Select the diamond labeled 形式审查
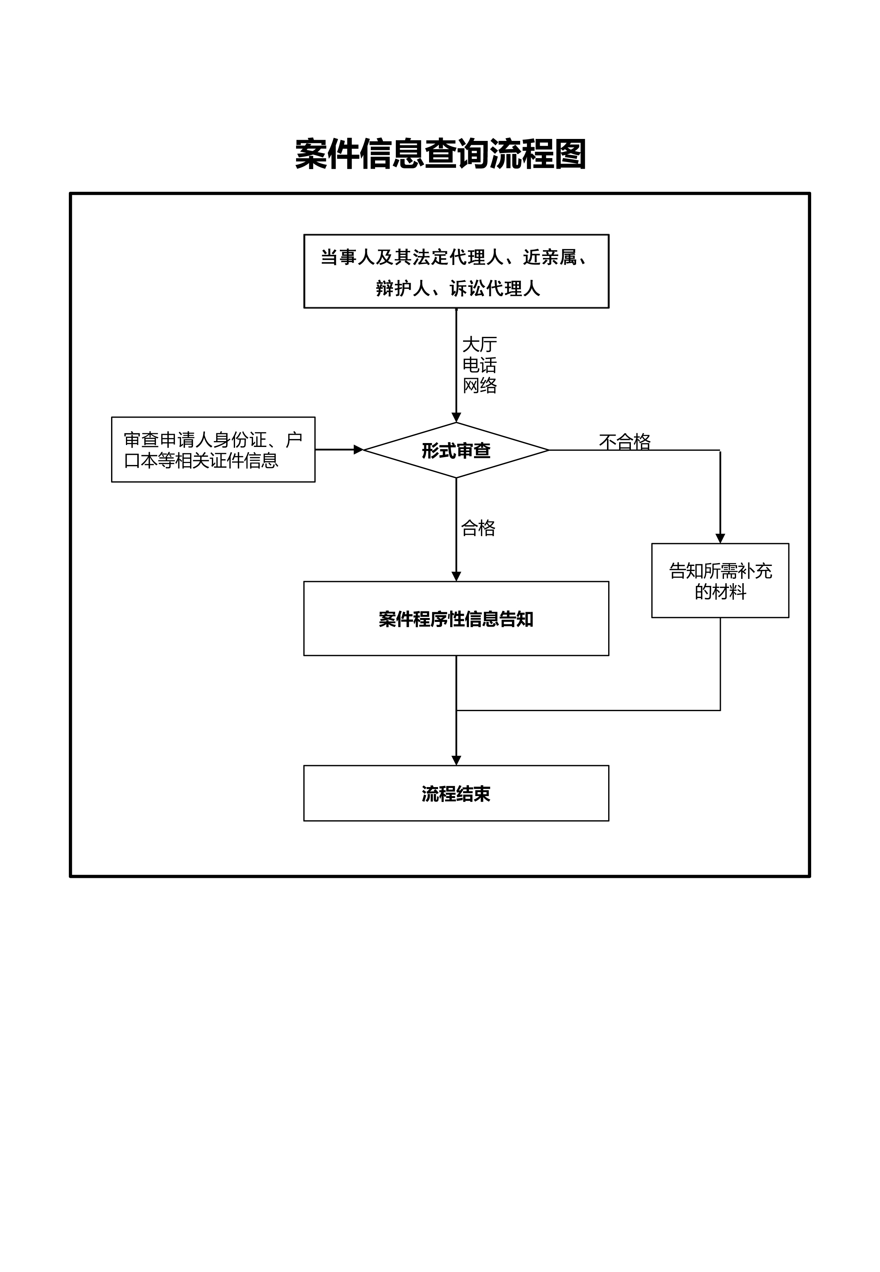click(456, 450)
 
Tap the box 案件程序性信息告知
click(456, 619)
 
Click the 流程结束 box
click(456, 794)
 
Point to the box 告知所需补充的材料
click(720, 581)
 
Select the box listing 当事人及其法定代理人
click(456, 271)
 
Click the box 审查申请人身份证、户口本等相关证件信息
click(213, 450)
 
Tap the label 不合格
click(625, 441)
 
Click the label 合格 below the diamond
click(478, 528)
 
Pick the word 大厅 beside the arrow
click(479, 345)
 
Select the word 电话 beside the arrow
click(479, 365)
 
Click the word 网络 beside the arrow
click(479, 386)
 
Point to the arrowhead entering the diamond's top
click(456, 418)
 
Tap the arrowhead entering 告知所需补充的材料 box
click(720, 539)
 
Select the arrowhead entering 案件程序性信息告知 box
click(456, 577)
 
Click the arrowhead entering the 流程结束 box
click(456, 761)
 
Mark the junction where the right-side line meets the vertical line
click(456, 710)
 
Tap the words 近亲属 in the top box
click(549, 257)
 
